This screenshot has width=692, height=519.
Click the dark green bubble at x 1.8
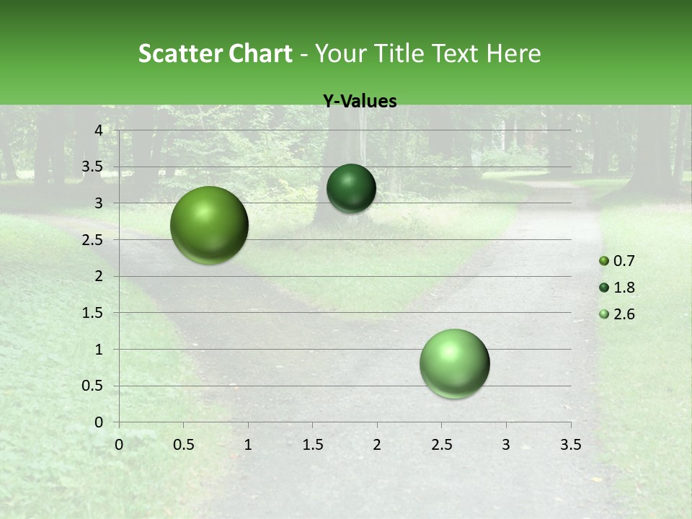coord(351,188)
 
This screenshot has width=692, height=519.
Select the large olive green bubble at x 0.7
coord(210,225)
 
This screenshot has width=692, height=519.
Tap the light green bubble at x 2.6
coord(455,363)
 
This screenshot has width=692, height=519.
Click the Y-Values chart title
coord(360,102)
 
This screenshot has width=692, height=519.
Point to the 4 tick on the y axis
coord(99,130)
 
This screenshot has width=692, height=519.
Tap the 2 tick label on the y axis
coord(99,276)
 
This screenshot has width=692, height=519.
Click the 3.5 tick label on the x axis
coord(571,445)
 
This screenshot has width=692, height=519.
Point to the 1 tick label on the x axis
coord(248,445)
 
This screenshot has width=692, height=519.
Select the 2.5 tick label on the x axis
coord(441,445)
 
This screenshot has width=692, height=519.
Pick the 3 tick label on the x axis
coord(506,445)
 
